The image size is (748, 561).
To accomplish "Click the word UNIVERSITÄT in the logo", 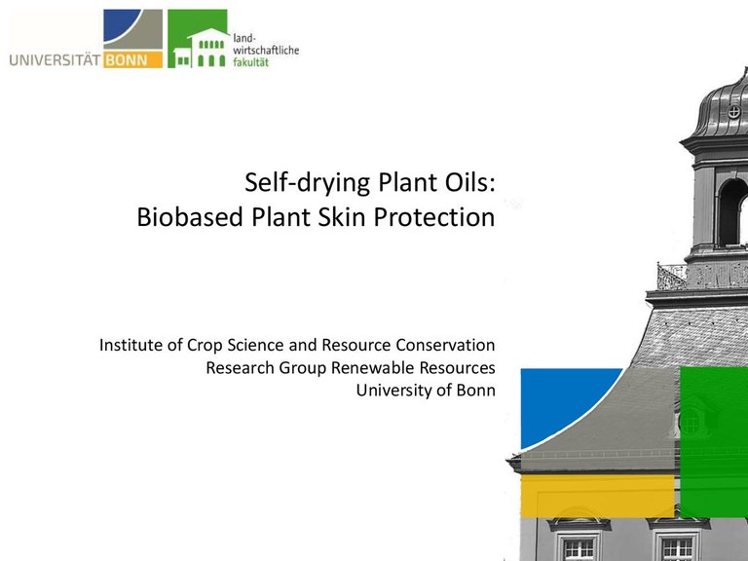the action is [55, 60].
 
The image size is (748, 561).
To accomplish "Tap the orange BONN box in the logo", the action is [133, 59].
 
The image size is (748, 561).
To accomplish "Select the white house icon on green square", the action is [201, 47].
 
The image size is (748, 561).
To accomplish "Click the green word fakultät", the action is [251, 62].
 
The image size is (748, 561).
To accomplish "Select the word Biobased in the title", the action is [190, 217].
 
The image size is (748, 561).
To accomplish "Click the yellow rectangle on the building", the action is [597, 496].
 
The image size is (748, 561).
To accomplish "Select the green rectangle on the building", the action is [714, 441].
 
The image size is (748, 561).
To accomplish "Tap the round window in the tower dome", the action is [733, 112].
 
